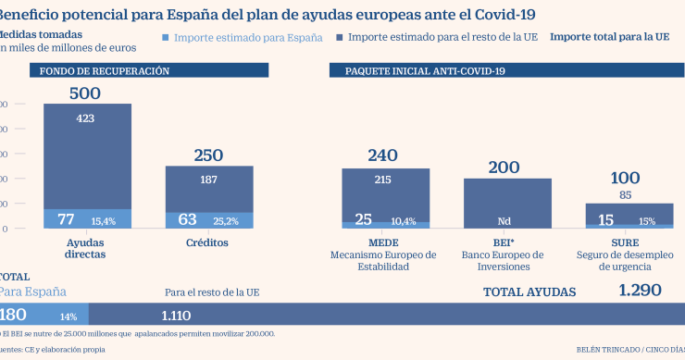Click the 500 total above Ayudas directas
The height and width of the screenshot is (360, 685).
tap(84, 93)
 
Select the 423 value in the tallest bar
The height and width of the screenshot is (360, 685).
tap(85, 118)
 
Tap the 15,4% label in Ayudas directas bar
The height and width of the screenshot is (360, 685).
tap(103, 221)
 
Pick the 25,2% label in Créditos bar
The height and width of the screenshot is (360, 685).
tap(226, 221)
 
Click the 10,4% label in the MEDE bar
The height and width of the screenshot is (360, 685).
tap(404, 221)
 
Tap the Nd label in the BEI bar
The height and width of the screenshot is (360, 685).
tap(505, 221)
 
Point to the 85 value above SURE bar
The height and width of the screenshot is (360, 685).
tap(627, 194)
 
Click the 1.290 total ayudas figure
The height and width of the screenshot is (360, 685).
tap(640, 291)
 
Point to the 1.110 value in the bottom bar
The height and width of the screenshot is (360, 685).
tap(176, 315)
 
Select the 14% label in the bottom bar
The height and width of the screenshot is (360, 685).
tap(68, 316)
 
